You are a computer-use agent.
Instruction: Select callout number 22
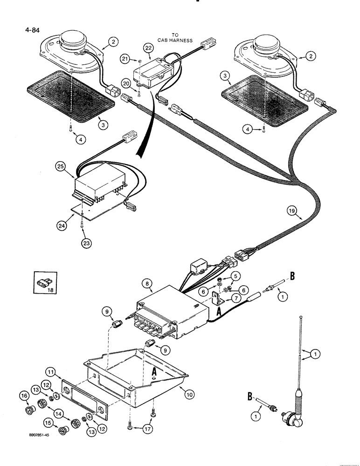tap(148, 48)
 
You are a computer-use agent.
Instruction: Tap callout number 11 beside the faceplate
tap(51, 372)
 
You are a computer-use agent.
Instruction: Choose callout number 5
tap(235, 276)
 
